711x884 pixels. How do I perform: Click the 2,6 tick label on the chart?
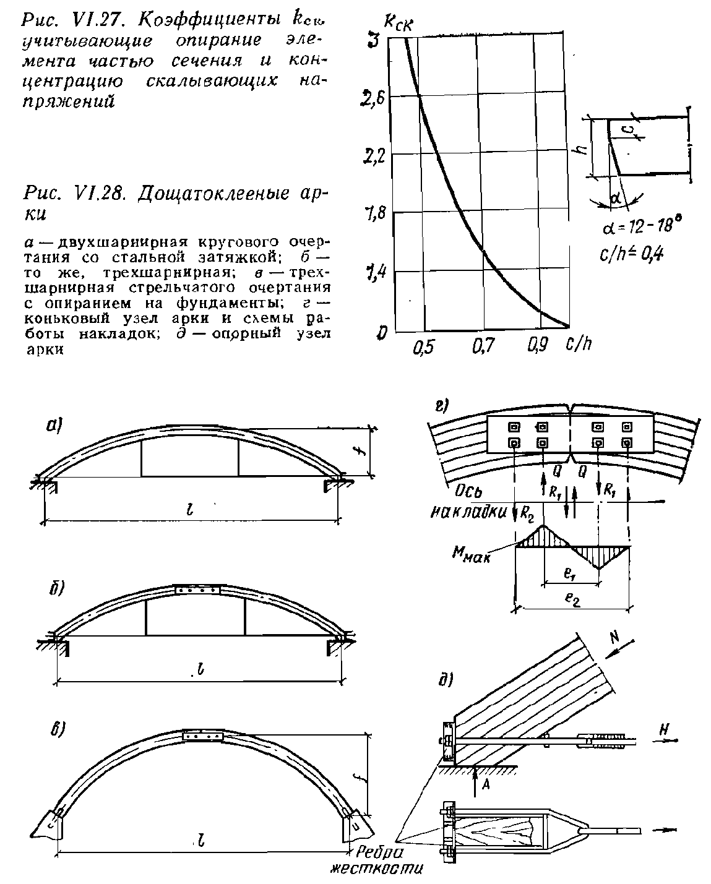pos(371,98)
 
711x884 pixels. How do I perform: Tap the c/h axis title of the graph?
pos(579,345)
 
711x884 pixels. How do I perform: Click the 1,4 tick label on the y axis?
pos(373,272)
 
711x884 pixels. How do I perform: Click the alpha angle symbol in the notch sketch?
pos(615,198)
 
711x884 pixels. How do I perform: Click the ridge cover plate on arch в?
pos(204,736)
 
